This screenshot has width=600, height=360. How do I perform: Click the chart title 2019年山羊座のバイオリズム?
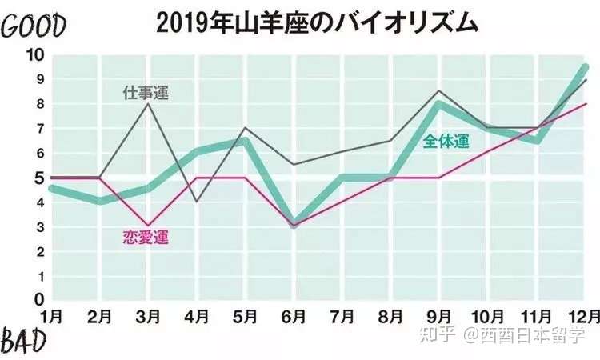(318, 22)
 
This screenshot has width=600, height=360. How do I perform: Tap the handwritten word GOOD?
(33, 26)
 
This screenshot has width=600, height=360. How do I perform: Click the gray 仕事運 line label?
(146, 92)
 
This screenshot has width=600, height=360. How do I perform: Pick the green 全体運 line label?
(446, 142)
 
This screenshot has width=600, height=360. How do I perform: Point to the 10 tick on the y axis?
(35, 55)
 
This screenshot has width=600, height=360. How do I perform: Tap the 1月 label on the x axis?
(52, 315)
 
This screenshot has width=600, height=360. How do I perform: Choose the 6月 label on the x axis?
(295, 315)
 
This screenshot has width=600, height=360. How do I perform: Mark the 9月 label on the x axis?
(441, 315)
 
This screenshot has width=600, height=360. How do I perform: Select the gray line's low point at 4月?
(198, 202)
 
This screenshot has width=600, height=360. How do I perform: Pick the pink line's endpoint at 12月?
(586, 104)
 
